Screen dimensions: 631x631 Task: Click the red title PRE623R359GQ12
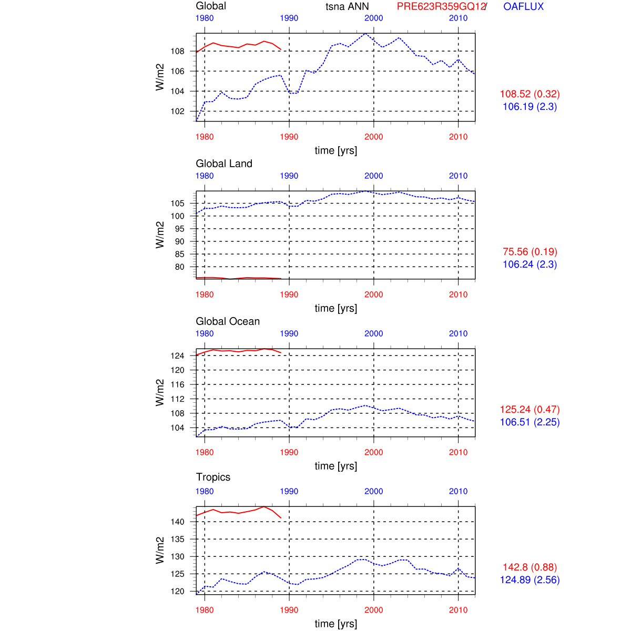(441, 7)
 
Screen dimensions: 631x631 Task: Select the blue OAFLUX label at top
(523, 7)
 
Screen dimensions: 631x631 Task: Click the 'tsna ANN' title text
(347, 7)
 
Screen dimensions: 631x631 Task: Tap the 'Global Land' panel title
(224, 164)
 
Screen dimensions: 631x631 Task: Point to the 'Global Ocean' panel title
(228, 321)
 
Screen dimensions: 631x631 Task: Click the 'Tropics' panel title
(213, 477)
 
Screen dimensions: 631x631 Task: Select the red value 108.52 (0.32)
(530, 94)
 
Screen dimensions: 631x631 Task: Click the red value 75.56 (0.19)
(530, 252)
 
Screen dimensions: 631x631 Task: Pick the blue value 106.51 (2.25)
(530, 422)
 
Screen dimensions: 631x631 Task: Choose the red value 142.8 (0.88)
(530, 567)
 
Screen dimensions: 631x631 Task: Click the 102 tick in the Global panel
(177, 111)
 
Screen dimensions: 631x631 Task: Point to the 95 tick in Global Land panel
(179, 229)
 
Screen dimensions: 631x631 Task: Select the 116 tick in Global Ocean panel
(177, 384)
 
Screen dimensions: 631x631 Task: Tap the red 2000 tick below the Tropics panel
(374, 610)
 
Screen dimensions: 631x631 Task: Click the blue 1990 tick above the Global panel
(289, 18)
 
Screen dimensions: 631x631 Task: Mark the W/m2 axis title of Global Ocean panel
(160, 392)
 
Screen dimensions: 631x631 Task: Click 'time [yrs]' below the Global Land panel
(336, 308)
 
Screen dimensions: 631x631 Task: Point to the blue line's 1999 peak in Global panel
(365, 34)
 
